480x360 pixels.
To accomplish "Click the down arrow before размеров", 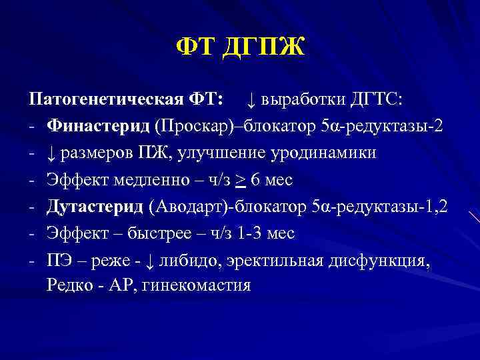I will coord(51,153).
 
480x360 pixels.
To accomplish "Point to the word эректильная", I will coord(279,260).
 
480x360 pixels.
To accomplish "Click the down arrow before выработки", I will coord(251,100).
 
